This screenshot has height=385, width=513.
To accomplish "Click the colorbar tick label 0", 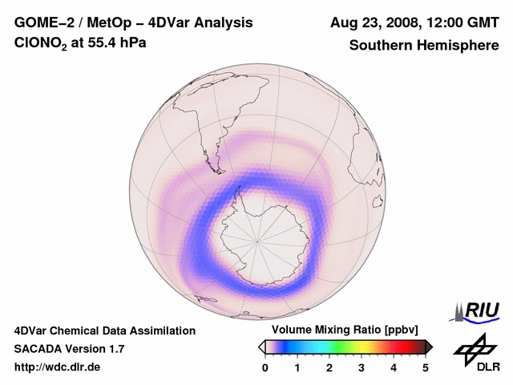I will point(265,368).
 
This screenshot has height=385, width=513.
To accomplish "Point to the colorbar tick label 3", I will point(362,368).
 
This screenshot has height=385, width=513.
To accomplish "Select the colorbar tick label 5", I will point(426,368).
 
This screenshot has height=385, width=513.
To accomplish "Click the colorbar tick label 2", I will point(329,368).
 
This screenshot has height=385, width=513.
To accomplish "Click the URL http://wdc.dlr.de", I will point(58,367).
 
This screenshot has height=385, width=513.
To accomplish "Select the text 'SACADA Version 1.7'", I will point(69,349).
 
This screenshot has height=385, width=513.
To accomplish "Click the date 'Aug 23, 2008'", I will point(372,23).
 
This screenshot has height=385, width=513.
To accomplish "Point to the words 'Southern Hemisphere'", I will point(424,46).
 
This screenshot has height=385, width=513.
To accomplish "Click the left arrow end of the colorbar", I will point(261,346).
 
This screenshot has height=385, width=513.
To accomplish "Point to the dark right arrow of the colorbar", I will point(429,346).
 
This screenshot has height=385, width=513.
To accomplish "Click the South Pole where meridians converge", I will point(257,240).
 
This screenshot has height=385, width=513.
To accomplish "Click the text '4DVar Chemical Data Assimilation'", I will point(105,330).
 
